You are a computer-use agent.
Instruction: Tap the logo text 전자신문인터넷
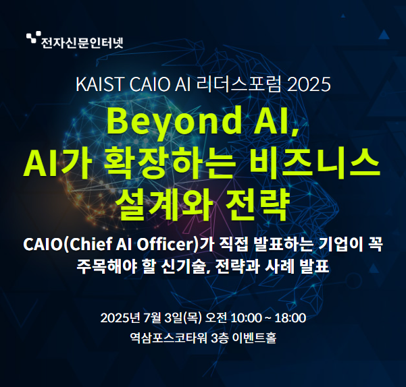[82, 44]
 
